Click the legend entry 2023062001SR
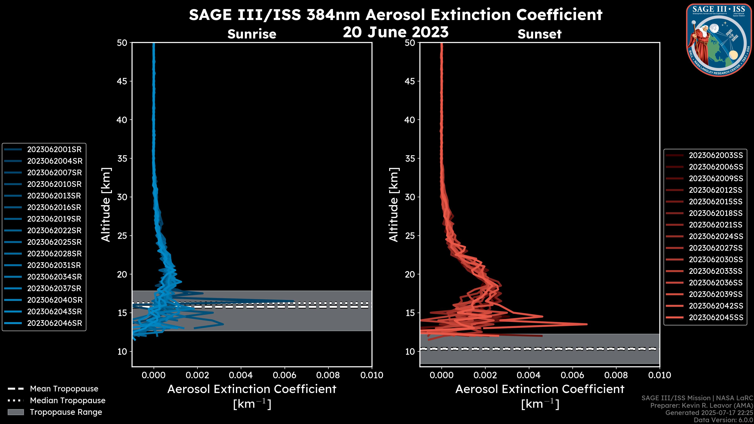(54, 150)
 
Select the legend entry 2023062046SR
(54, 323)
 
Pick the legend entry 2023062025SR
(54, 242)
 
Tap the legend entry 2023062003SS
(716, 155)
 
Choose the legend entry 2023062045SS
(716, 317)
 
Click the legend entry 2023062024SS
(716, 236)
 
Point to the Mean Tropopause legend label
(64, 389)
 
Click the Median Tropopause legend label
(68, 401)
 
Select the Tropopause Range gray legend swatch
(16, 412)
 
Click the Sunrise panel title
(252, 34)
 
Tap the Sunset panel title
(539, 34)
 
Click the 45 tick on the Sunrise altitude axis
(122, 81)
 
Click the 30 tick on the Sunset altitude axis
(410, 197)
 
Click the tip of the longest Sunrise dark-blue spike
(293, 301)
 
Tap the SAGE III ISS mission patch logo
(720, 40)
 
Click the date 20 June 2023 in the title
(395, 32)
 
